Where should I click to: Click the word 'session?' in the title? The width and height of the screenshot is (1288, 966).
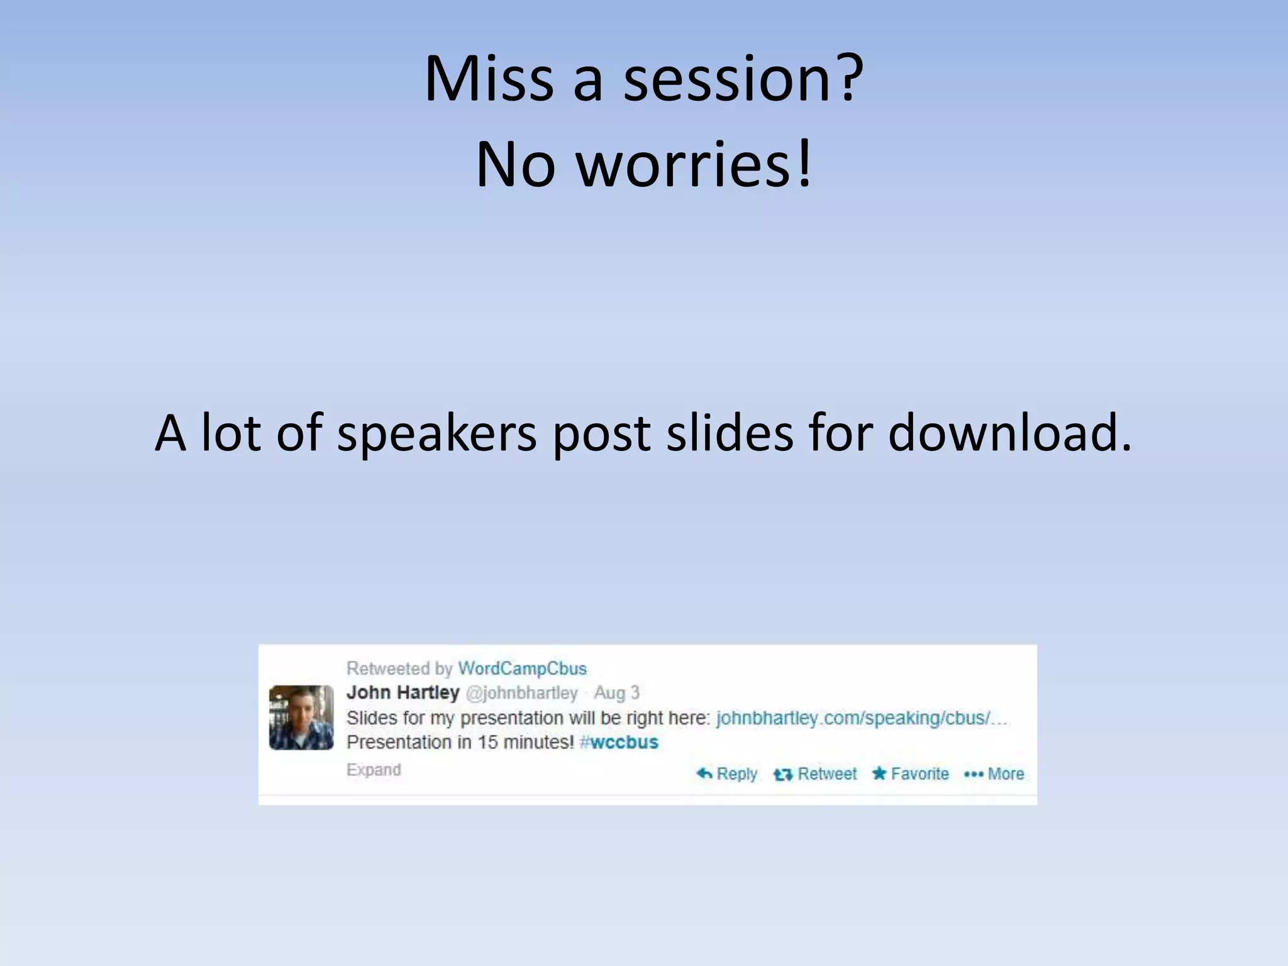pyautogui.click(x=743, y=80)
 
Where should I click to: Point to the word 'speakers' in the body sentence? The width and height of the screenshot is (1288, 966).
pyautogui.click(x=436, y=434)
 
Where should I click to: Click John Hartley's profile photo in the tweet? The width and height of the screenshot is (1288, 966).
pyautogui.click(x=301, y=718)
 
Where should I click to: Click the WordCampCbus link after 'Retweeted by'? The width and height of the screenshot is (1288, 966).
pyautogui.click(x=522, y=669)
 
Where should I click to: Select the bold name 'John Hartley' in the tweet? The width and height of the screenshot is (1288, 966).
pyautogui.click(x=403, y=692)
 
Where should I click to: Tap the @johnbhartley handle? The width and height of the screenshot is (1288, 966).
pyautogui.click(x=521, y=693)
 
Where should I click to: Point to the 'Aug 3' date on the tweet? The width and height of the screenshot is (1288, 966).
pyautogui.click(x=616, y=693)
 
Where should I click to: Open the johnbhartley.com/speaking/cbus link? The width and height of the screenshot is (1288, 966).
pyautogui.click(x=862, y=718)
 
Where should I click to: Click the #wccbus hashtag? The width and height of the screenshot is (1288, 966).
pyautogui.click(x=619, y=742)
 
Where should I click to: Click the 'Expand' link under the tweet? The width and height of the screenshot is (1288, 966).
pyautogui.click(x=374, y=770)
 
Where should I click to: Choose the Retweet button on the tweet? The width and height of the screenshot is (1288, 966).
pyautogui.click(x=816, y=774)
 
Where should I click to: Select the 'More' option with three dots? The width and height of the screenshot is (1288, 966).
pyautogui.click(x=994, y=774)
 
